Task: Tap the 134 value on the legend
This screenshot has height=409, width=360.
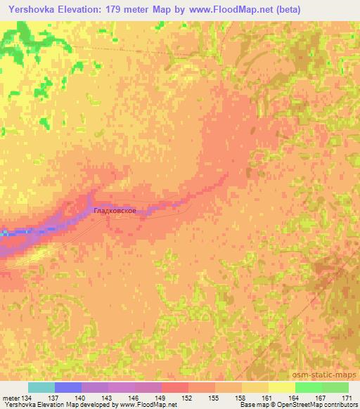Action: (x=28, y=397)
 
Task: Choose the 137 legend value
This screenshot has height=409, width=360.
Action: (x=55, y=397)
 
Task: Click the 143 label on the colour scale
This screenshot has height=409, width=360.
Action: (x=108, y=397)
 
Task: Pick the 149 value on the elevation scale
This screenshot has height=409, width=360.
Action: (x=162, y=397)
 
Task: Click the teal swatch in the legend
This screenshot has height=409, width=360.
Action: (x=41, y=387)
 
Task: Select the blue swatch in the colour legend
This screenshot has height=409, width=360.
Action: (x=68, y=387)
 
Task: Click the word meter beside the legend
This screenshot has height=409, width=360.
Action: (x=11, y=397)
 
